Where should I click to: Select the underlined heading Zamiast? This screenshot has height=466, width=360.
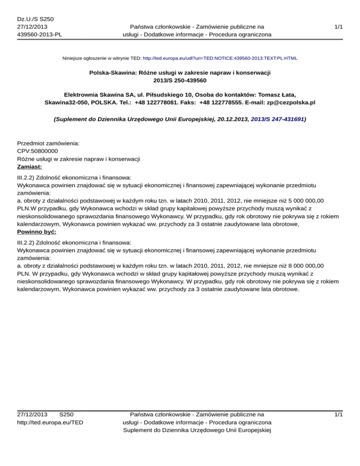(x=30, y=166)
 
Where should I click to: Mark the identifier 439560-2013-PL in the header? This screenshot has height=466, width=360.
(x=39, y=35)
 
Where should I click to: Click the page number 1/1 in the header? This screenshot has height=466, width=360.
(x=338, y=27)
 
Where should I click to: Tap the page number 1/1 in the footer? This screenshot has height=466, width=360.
(x=338, y=414)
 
